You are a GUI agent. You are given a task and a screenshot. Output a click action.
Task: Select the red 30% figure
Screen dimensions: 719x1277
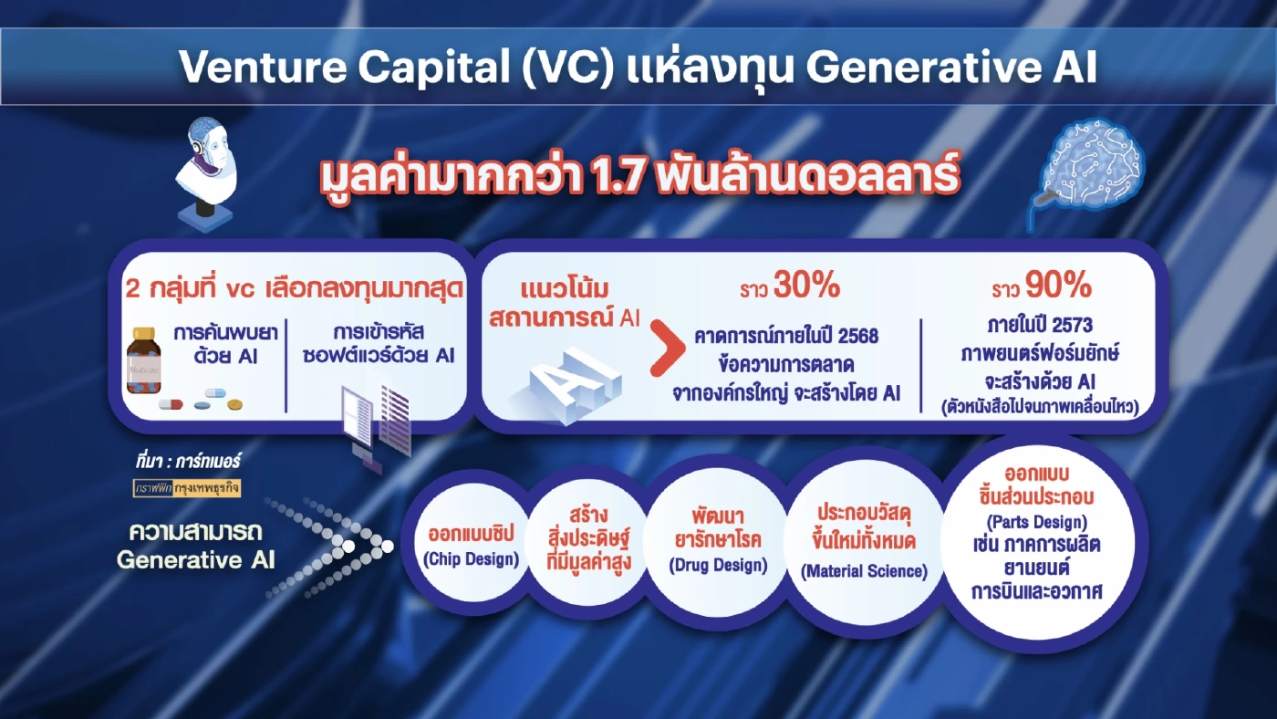tap(806, 287)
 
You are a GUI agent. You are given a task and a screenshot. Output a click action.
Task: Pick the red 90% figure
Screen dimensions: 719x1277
tap(1058, 287)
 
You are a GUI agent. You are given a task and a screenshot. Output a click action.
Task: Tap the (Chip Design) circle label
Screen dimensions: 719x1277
tap(472, 558)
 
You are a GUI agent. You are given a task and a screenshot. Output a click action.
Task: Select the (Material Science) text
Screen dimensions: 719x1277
tap(864, 572)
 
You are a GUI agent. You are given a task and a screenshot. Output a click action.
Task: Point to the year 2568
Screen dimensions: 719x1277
tap(855, 336)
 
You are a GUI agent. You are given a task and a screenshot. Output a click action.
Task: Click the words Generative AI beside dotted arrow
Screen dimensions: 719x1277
tap(195, 559)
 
